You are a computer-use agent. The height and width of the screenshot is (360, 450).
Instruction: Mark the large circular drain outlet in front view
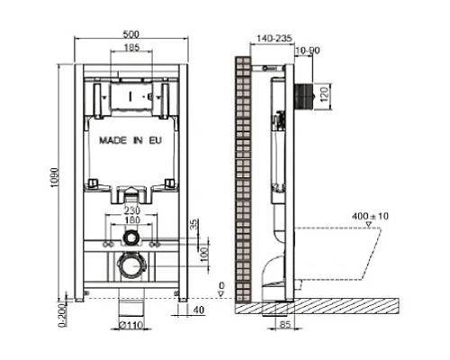[x=131, y=267]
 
